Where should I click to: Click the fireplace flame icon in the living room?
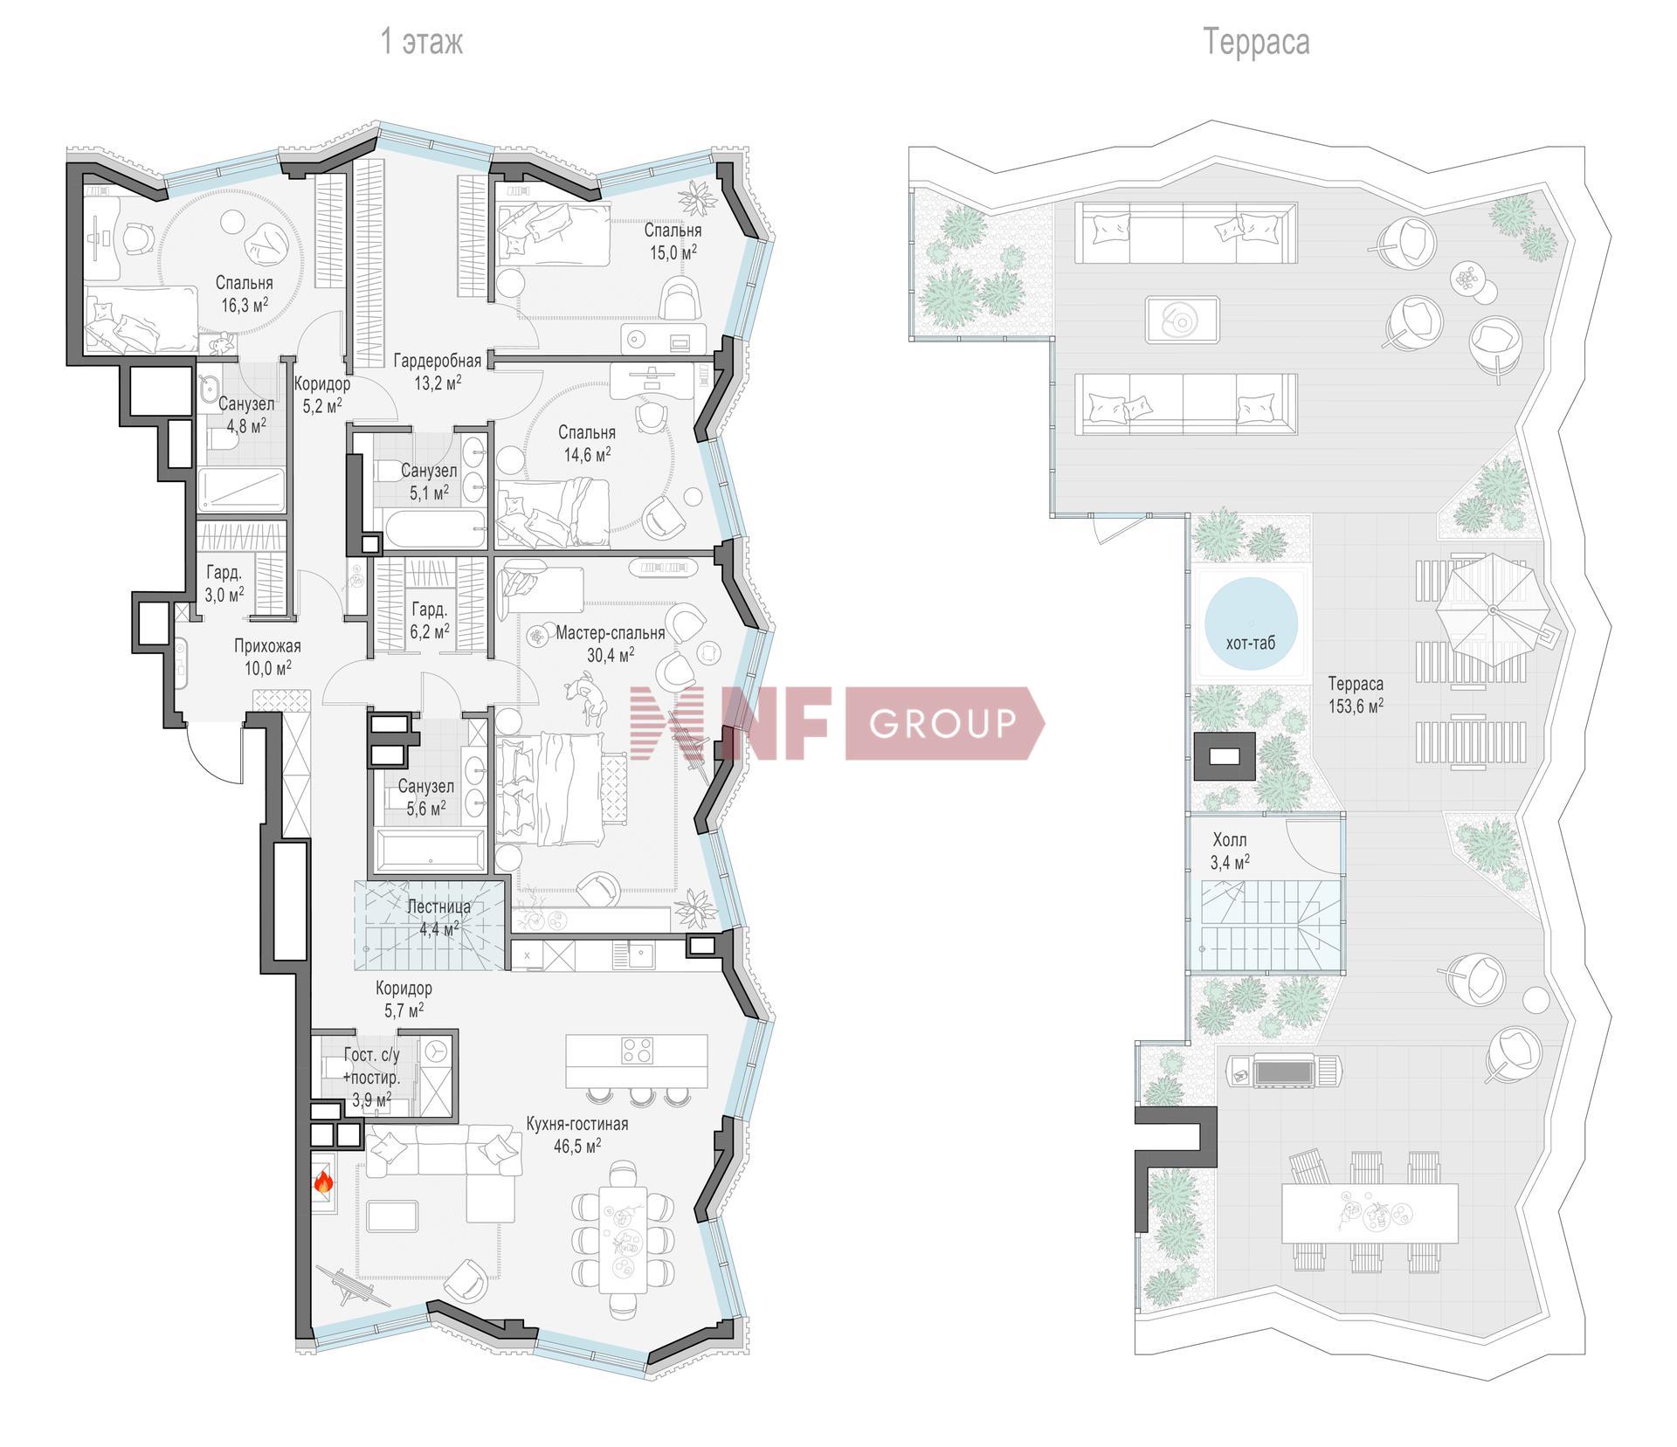coord(323,1183)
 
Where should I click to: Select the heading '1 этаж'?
coord(422,42)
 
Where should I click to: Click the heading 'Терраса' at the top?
coord(1256,42)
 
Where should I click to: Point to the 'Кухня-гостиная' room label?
coord(576,1124)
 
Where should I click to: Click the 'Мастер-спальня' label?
coord(611,633)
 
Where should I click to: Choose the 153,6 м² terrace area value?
coord(1356,706)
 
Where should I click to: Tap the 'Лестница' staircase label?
coord(438,906)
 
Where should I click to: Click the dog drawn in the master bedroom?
coord(588,699)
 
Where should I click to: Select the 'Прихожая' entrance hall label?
coord(267,646)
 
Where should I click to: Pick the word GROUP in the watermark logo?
coord(943,723)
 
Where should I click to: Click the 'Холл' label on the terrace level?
coord(1230,841)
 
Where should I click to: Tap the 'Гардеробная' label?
coord(437,361)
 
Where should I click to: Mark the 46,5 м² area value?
coord(576,1146)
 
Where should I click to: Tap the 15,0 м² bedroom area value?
coord(673,252)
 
